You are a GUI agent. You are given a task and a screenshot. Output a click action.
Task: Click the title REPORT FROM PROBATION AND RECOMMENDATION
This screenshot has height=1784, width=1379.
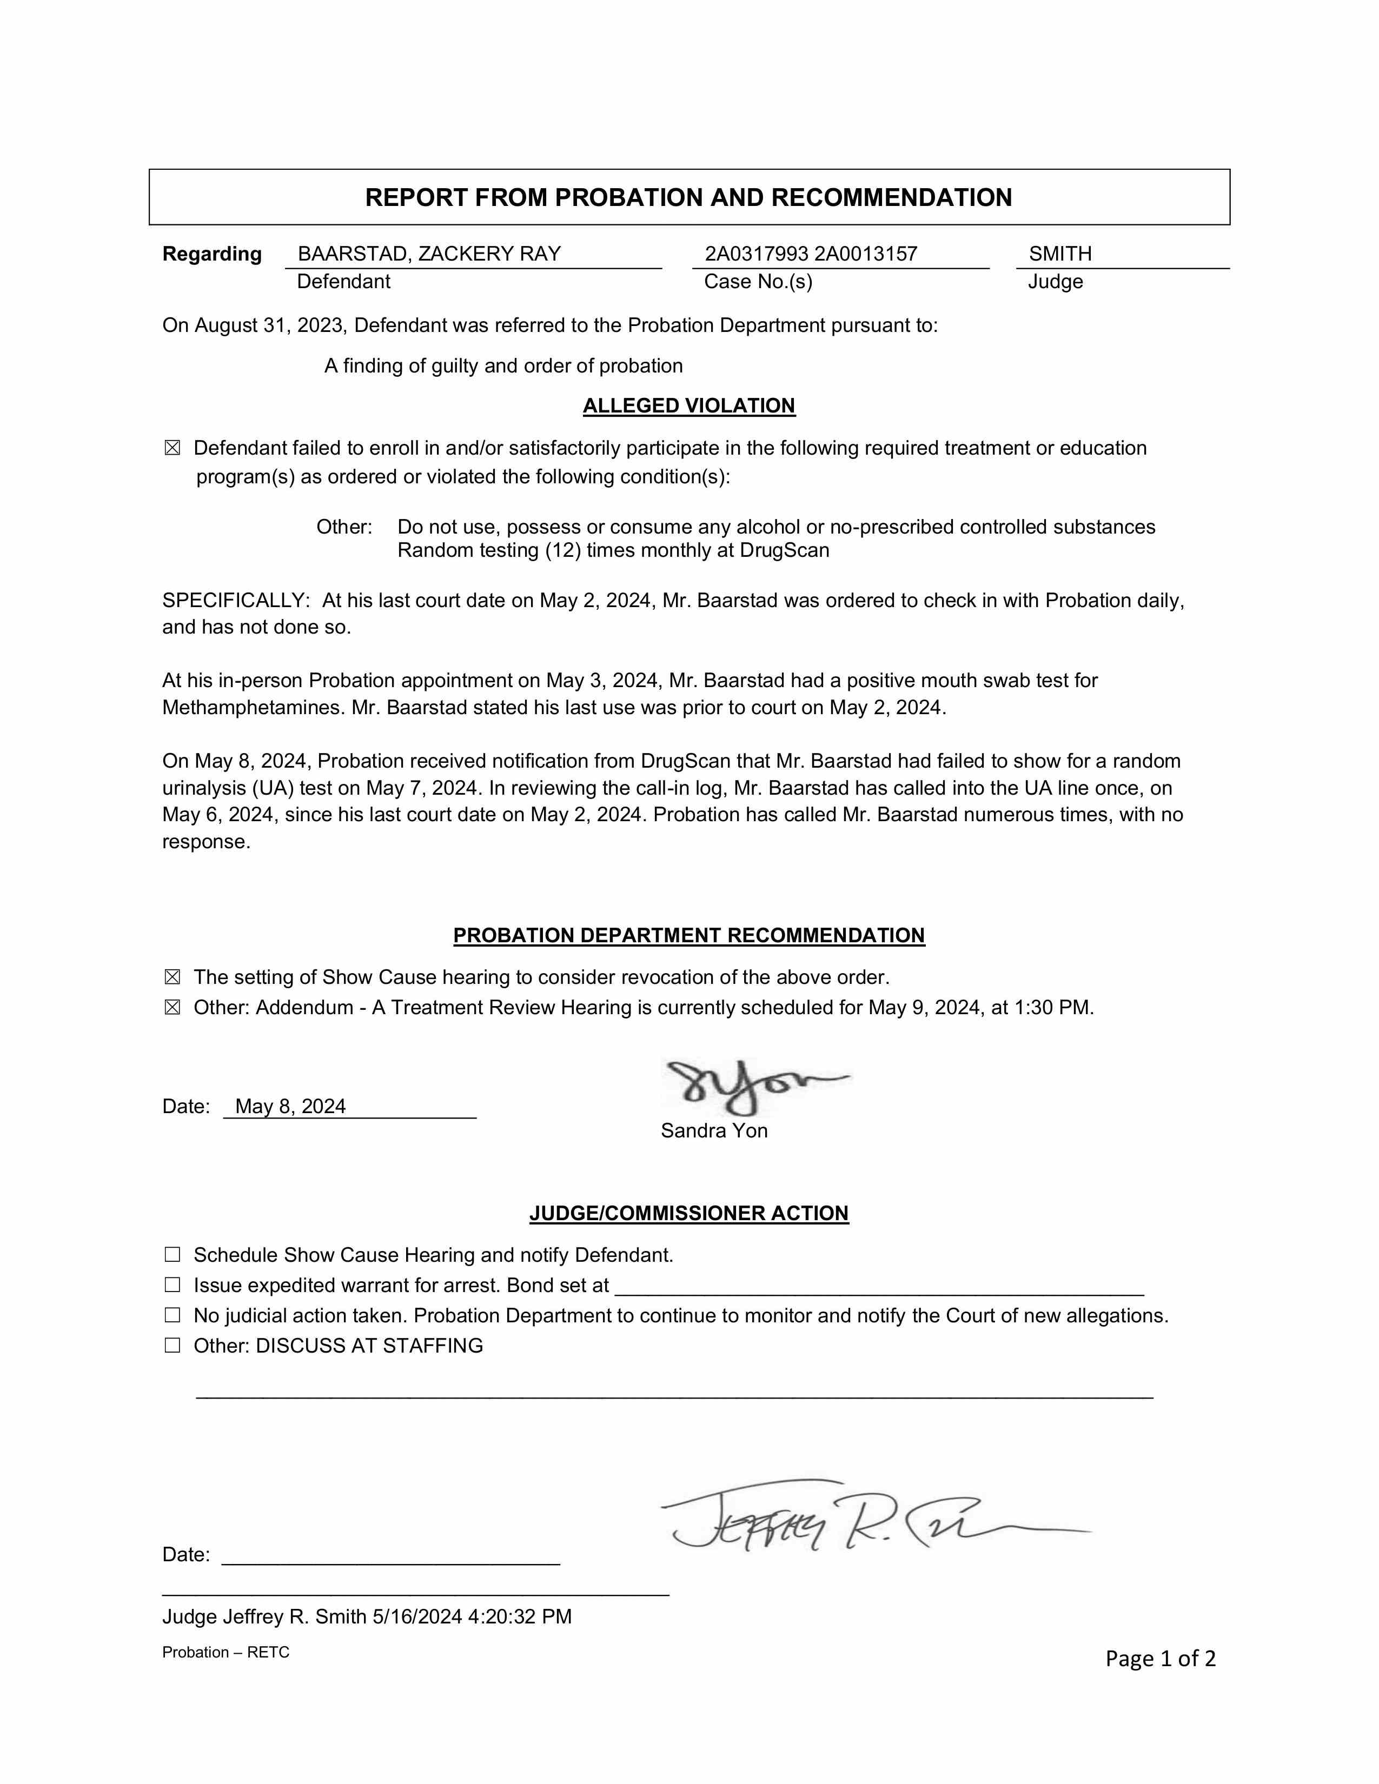[x=688, y=198]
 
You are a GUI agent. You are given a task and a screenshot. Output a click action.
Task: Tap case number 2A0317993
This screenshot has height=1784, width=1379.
[x=757, y=254]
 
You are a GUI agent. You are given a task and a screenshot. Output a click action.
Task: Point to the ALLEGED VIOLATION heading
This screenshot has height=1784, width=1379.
[x=688, y=406]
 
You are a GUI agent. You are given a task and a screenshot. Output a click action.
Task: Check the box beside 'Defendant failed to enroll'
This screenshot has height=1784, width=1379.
[x=173, y=449]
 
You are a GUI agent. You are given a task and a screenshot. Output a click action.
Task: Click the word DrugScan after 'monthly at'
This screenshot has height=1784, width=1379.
[x=784, y=550]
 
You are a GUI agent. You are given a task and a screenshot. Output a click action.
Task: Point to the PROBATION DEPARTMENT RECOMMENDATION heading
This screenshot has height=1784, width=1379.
[x=688, y=935]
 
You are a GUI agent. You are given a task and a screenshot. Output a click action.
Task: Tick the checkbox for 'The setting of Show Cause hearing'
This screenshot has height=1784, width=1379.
[x=173, y=978]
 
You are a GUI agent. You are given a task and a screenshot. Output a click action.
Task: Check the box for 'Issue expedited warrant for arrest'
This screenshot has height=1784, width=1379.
[x=173, y=1285]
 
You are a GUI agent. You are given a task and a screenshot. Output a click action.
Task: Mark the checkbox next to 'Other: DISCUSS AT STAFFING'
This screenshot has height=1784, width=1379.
[x=173, y=1346]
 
